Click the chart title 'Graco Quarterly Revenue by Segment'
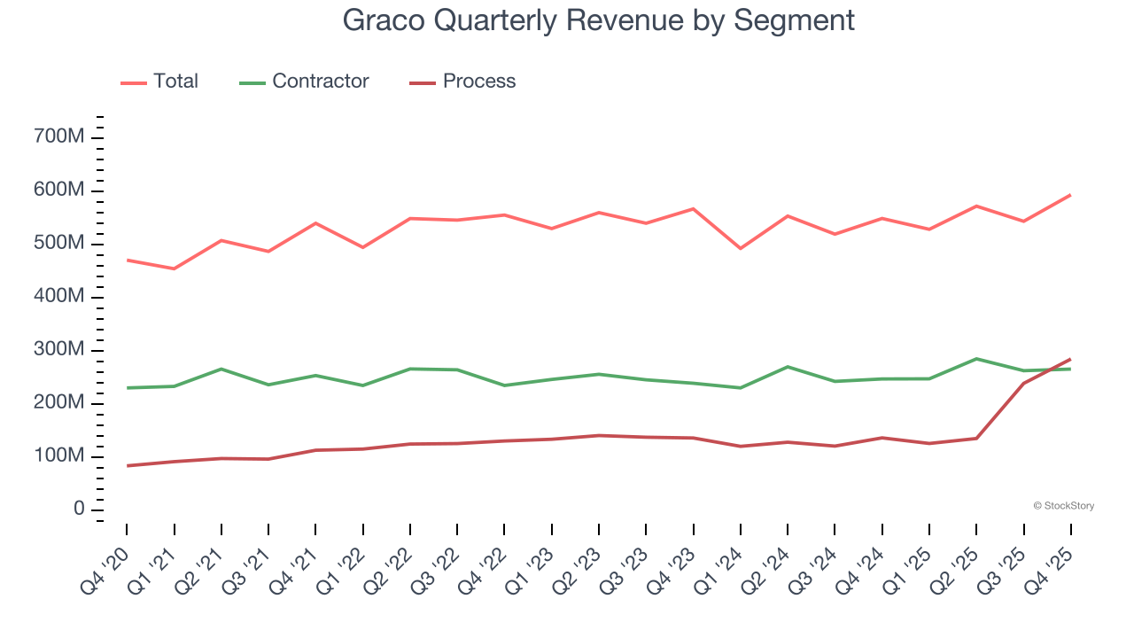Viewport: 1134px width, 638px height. pos(599,19)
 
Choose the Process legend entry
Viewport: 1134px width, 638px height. pos(462,82)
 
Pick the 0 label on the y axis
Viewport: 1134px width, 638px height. pos(80,510)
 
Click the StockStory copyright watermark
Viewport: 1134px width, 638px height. pos(1063,506)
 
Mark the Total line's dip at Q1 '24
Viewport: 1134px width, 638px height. pos(740,248)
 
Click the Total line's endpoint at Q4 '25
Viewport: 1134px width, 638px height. pos(1070,195)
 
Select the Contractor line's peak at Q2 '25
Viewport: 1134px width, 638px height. pos(976,359)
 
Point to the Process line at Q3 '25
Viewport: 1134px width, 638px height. pos(1023,384)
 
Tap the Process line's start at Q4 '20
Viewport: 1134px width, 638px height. pos(127,465)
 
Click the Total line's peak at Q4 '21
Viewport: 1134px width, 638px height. pos(315,223)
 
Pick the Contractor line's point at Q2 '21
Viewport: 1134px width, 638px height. pos(221,369)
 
